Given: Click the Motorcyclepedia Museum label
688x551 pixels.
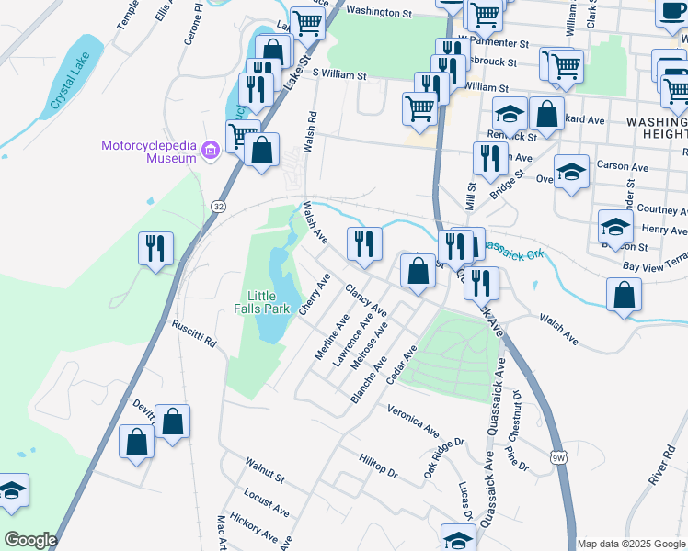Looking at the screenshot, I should pos(149,152).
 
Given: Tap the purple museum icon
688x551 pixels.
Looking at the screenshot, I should pos(210,149).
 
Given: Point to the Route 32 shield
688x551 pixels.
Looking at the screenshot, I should pos(218,207).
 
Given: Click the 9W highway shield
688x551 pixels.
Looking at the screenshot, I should pos(558,456).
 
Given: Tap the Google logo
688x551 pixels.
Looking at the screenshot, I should pos(29,540).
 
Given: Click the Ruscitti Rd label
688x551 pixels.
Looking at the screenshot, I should pos(195,333).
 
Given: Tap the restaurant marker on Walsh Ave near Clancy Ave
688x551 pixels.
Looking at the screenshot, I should pos(364,243).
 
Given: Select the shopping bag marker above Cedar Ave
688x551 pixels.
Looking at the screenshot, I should pos(418,271).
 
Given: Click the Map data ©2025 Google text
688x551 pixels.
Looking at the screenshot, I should pos(631,544).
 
